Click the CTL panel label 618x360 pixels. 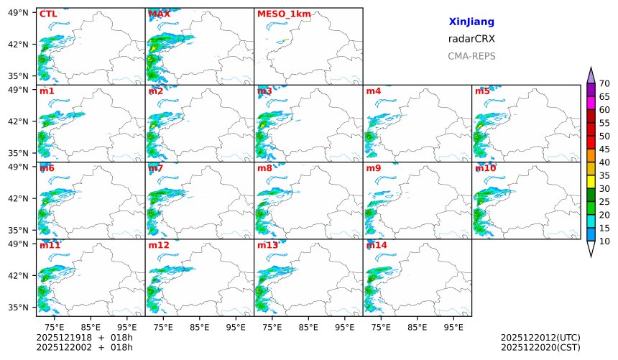49,14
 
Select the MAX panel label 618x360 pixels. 159,14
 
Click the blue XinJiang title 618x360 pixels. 471,22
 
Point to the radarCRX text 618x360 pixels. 471,39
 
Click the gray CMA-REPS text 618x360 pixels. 471,56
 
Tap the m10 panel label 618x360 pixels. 485,168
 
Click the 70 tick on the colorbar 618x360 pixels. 604,84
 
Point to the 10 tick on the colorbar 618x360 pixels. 604,241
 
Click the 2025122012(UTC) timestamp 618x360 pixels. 540,337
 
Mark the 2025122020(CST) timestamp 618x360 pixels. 540,348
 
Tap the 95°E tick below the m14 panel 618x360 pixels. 453,326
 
